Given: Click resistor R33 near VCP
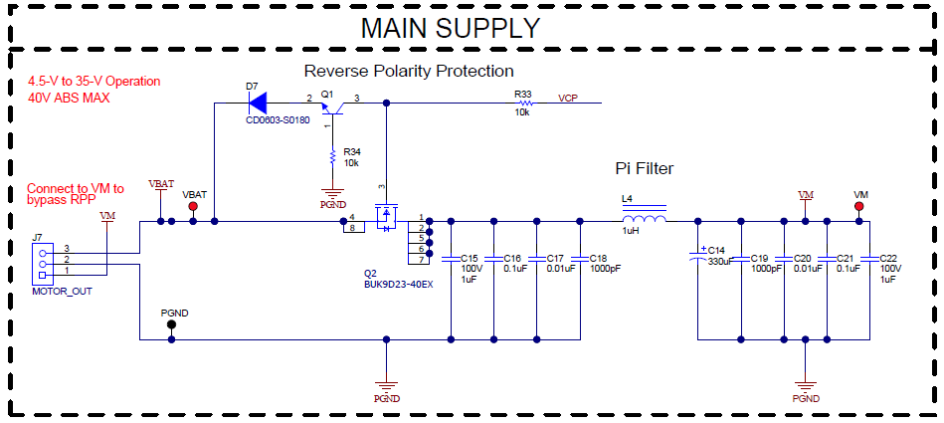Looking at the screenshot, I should [x=524, y=102].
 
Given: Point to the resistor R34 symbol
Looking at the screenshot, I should [x=331, y=155].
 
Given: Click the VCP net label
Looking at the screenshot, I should [x=568, y=99].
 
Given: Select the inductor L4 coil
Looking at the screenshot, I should [x=644, y=220].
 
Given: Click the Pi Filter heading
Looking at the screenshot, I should [x=644, y=169].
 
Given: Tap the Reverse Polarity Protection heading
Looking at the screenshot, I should [x=408, y=72].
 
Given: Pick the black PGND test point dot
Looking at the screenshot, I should [x=172, y=324].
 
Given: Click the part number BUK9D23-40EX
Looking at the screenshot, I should [x=398, y=285].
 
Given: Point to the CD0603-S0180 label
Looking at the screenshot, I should [x=278, y=120].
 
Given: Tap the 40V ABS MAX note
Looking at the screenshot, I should [x=68, y=98].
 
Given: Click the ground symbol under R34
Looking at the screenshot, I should [x=331, y=192].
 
